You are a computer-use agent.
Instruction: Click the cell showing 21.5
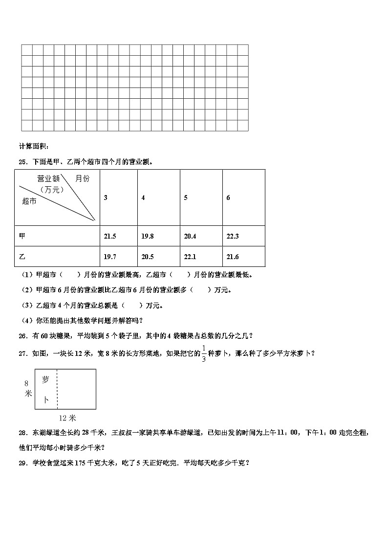pyautogui.click(x=110, y=236)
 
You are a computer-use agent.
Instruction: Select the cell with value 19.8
pyautogui.click(x=148, y=236)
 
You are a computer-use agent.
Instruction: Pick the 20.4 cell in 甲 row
pyautogui.click(x=190, y=236)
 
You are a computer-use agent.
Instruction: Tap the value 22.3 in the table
pyautogui.click(x=232, y=236)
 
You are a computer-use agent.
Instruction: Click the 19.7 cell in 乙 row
pyautogui.click(x=110, y=257)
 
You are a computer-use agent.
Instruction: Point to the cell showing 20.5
pyautogui.click(x=148, y=257)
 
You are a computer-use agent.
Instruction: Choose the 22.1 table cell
pyautogui.click(x=190, y=257)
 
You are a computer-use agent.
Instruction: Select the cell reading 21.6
pyautogui.click(x=232, y=257)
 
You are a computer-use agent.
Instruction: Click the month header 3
pyautogui.click(x=106, y=198)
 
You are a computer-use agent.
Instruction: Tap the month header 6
pyautogui.click(x=228, y=198)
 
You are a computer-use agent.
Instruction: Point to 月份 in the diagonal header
pyautogui.click(x=83, y=179)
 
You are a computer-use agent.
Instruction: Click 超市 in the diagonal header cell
pyautogui.click(x=29, y=201)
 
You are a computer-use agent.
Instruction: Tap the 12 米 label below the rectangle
pyautogui.click(x=67, y=418)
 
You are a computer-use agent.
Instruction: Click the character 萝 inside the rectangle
pyautogui.click(x=45, y=380)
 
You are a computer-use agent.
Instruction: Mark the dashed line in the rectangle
pyautogui.click(x=57, y=389)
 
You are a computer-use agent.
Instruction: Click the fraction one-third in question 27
pyautogui.click(x=203, y=353)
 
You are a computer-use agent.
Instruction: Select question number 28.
pyautogui.click(x=22, y=433)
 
